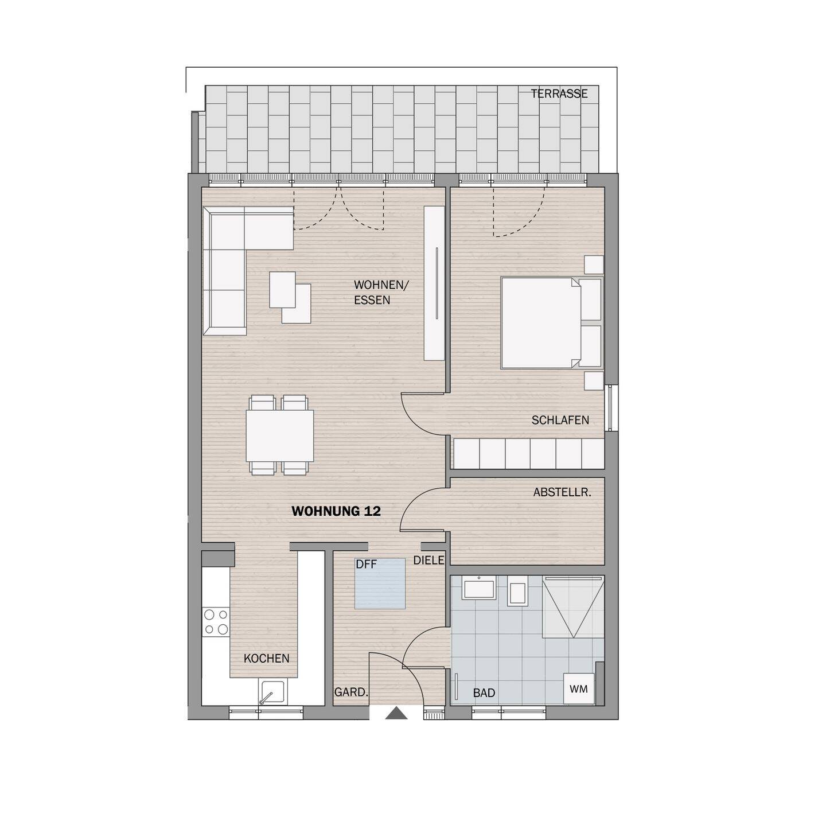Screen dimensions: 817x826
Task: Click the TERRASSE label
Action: tap(559, 94)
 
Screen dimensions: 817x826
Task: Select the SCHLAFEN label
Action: tap(560, 420)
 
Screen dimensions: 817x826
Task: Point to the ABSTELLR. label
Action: tap(562, 492)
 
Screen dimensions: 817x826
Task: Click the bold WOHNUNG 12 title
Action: tap(336, 511)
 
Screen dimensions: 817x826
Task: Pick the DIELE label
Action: tap(429, 561)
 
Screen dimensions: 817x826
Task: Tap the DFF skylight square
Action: tap(380, 584)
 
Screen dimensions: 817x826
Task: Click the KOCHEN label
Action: tap(267, 659)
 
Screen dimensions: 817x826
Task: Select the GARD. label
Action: tap(350, 692)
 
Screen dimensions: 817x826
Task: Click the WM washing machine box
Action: tap(579, 689)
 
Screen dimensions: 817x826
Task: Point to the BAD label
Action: tap(484, 693)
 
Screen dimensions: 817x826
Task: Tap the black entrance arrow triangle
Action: tap(396, 714)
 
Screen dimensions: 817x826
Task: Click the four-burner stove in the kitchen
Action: tap(216, 622)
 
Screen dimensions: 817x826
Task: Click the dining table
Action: tap(280, 435)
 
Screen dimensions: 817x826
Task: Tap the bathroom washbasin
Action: tap(478, 589)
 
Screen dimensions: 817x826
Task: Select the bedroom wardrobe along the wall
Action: tap(529, 454)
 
